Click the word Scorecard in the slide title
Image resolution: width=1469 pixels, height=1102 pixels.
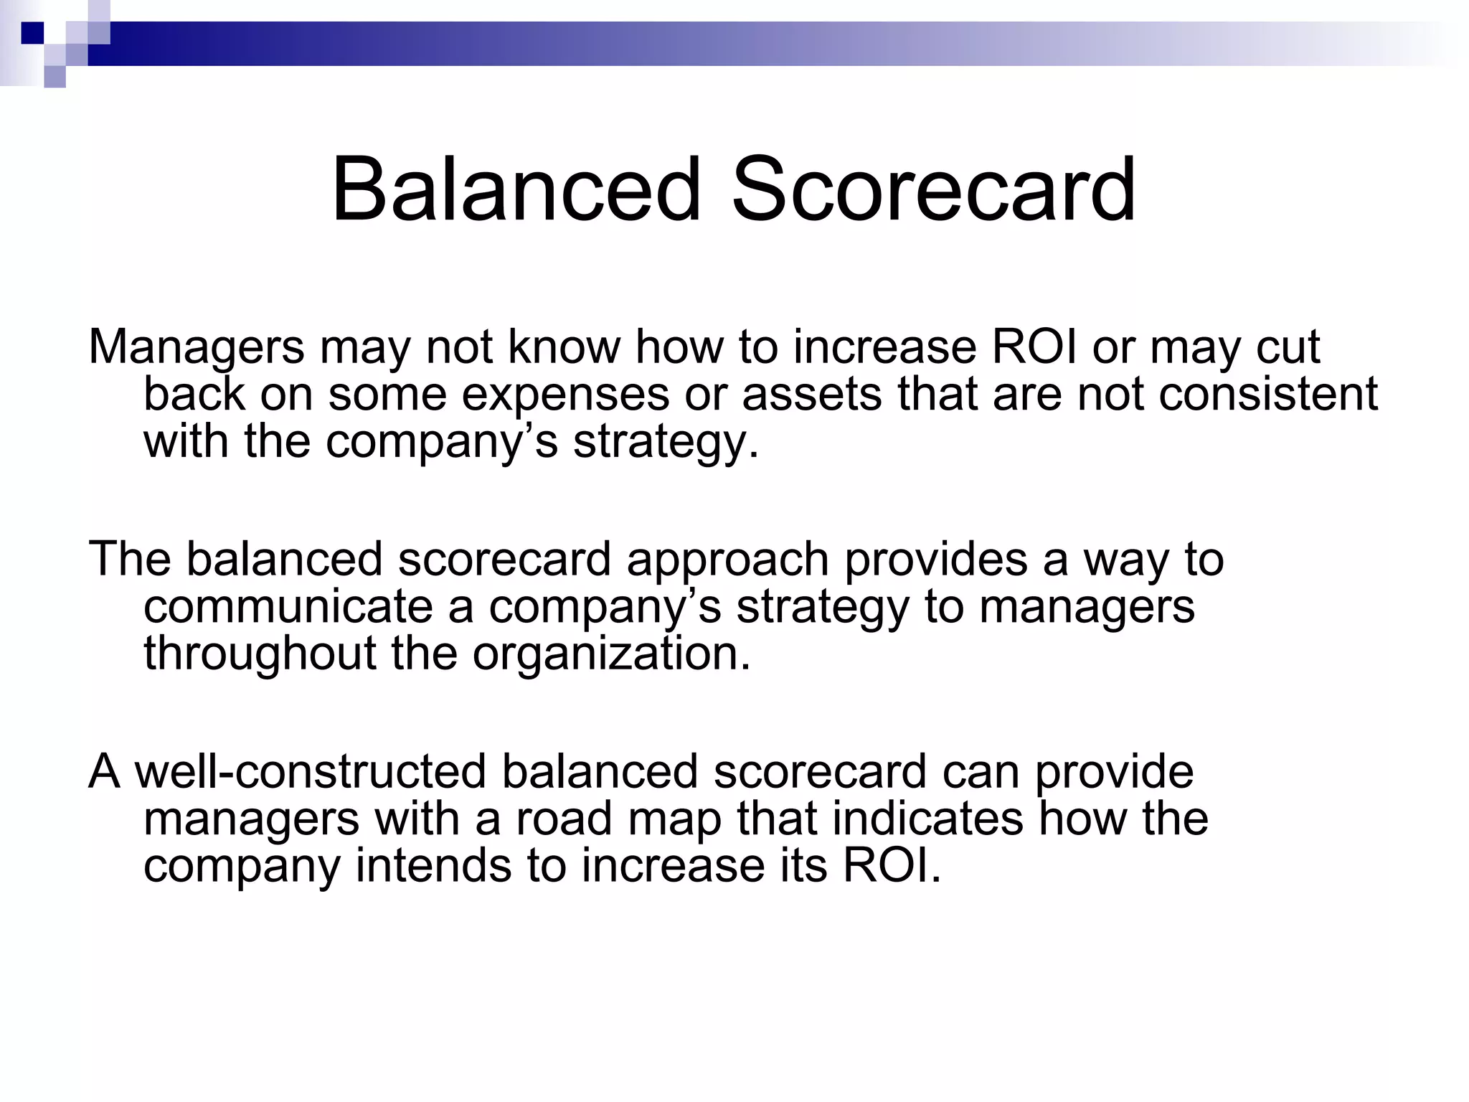pyautogui.click(x=933, y=189)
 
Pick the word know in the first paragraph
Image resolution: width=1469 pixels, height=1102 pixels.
pyautogui.click(x=564, y=347)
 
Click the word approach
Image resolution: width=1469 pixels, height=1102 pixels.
pyautogui.click(x=727, y=560)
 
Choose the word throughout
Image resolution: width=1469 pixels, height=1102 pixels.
pyautogui.click(x=260, y=655)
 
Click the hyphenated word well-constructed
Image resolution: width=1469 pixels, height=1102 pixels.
pyautogui.click(x=310, y=772)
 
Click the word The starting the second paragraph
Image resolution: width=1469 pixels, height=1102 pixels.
pyautogui.click(x=129, y=560)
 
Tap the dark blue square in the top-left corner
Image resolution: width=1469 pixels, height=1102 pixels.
pyautogui.click(x=32, y=32)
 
